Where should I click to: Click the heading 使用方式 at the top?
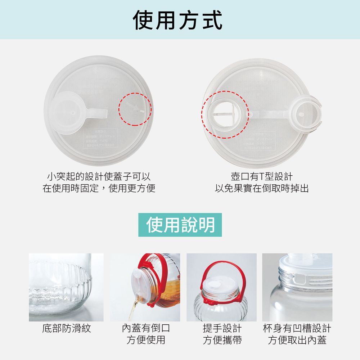click(178, 20)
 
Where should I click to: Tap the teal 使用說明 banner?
click(180, 225)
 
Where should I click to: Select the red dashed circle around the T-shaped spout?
click(225, 114)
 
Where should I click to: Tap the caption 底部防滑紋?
click(67, 328)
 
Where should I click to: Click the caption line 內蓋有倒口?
click(145, 328)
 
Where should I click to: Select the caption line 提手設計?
click(222, 328)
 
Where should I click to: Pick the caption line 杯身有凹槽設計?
click(297, 328)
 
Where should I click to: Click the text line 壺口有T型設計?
click(262, 176)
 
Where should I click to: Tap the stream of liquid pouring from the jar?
click(134, 306)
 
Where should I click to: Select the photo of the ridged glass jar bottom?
click(66, 287)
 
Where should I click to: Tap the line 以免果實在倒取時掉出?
click(262, 188)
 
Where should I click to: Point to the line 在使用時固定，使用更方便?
click(99, 188)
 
